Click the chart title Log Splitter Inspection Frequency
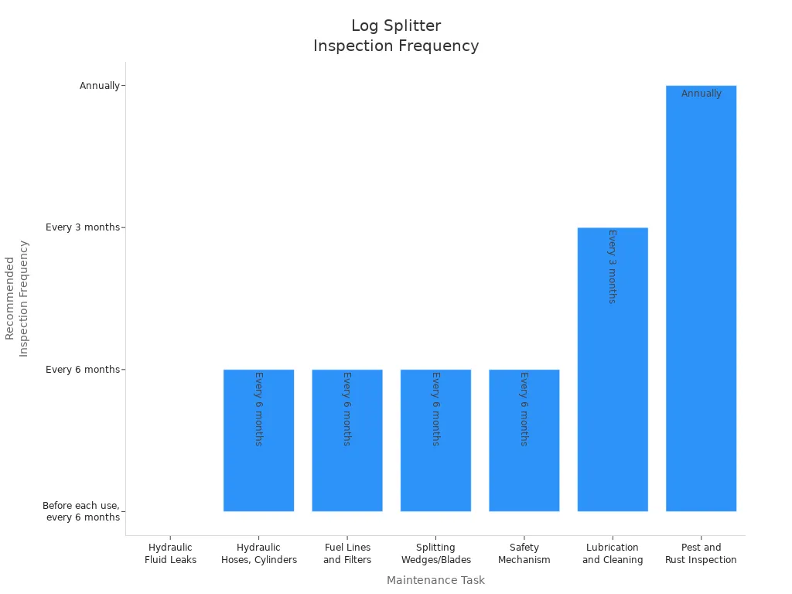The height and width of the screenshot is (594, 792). pyautogui.click(x=396, y=36)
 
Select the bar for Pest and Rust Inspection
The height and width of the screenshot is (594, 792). pyautogui.click(x=701, y=309)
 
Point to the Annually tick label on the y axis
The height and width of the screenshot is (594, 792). pyautogui.click(x=99, y=86)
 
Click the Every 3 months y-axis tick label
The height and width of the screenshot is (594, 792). pyautogui.click(x=82, y=227)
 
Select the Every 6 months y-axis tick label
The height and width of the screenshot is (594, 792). pyautogui.click(x=82, y=370)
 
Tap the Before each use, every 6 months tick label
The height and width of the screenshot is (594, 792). pyautogui.click(x=81, y=511)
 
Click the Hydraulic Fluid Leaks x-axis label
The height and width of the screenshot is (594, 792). pyautogui.click(x=170, y=554)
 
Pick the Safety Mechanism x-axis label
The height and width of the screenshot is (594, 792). pyautogui.click(x=524, y=554)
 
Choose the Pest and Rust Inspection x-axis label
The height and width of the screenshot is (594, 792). pyautogui.click(x=701, y=554)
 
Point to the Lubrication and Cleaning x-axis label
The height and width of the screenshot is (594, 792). pyautogui.click(x=613, y=554)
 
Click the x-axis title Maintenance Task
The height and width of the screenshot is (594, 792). pyautogui.click(x=435, y=580)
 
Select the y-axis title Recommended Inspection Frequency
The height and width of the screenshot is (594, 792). pyautogui.click(x=16, y=298)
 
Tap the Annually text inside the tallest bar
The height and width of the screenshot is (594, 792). pyautogui.click(x=701, y=94)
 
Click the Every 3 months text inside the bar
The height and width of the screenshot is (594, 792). pyautogui.click(x=612, y=266)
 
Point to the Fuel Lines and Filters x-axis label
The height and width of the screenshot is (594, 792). pyautogui.click(x=347, y=554)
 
